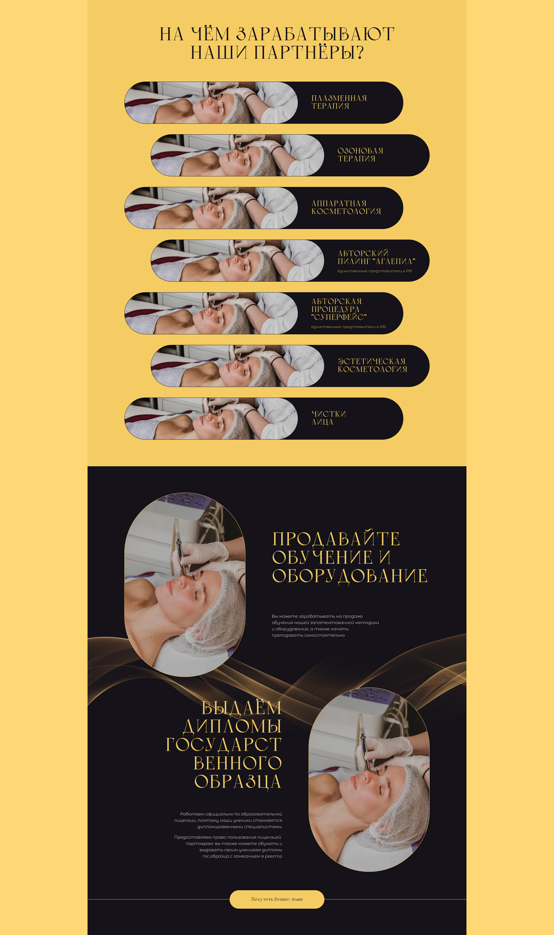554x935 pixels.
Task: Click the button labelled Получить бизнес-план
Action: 277,899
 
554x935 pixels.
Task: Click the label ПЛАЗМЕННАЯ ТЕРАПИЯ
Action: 339,102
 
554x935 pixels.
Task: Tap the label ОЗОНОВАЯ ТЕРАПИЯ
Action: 360,155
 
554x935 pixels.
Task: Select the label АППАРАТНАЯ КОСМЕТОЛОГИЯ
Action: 346,207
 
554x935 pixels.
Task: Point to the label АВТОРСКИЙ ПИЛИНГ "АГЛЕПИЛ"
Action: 376,257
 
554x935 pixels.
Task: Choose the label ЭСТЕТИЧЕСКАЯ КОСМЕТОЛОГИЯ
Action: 372,365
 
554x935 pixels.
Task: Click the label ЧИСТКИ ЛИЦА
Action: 329,418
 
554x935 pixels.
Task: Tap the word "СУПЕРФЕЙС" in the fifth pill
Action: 339,317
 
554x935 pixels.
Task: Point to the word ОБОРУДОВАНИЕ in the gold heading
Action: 350,576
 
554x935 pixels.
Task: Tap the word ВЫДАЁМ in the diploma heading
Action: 242,708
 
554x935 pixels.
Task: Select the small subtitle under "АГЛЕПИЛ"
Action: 375,271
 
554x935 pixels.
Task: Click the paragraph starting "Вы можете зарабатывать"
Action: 325,626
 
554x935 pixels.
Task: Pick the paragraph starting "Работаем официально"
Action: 228,820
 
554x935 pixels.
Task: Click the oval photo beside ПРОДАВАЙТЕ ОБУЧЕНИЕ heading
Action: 185,585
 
